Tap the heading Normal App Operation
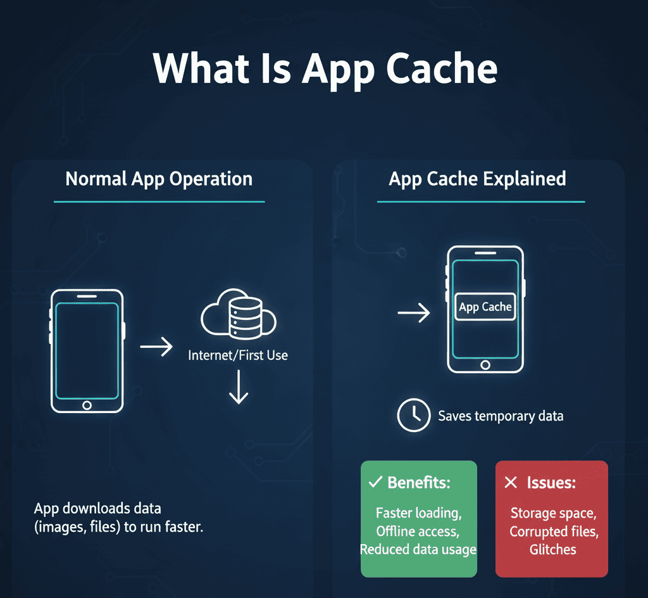click(159, 179)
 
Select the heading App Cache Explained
click(477, 179)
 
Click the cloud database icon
click(239, 317)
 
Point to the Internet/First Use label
click(238, 355)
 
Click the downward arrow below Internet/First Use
click(239, 388)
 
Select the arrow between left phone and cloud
click(156, 347)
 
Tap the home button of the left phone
click(87, 405)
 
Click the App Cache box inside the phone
click(485, 307)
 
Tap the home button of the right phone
click(485, 365)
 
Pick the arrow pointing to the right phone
click(414, 312)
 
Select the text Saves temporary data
click(501, 416)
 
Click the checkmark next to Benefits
click(374, 483)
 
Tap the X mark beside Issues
click(511, 483)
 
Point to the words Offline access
click(418, 531)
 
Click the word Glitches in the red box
click(552, 549)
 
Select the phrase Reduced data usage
click(418, 549)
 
